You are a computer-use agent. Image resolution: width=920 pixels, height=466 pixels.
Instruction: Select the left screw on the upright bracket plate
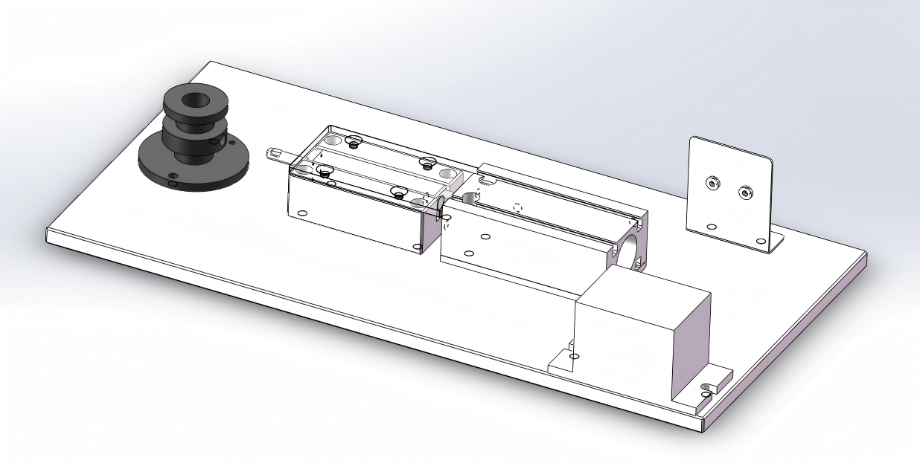(x=712, y=181)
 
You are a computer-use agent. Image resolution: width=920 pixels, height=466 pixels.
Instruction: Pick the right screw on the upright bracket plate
(x=744, y=193)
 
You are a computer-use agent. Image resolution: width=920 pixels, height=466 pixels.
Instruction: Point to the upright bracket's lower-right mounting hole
(x=760, y=240)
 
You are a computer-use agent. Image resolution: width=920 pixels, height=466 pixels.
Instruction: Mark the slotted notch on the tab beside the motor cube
(x=707, y=386)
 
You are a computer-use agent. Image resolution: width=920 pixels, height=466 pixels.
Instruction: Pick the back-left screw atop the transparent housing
(x=354, y=140)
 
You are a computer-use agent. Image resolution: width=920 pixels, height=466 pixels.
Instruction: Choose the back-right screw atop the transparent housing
(x=427, y=162)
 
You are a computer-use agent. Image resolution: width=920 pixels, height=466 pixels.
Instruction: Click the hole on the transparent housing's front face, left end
(x=301, y=213)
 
